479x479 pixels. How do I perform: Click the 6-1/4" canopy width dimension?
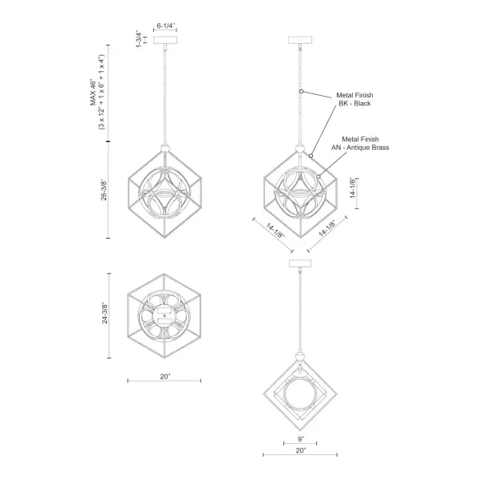point(166,26)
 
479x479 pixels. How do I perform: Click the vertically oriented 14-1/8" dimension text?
point(353,189)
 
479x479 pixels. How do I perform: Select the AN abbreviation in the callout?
point(334,146)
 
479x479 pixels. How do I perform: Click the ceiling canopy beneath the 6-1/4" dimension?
point(166,42)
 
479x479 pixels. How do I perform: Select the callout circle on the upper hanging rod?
point(301,93)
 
